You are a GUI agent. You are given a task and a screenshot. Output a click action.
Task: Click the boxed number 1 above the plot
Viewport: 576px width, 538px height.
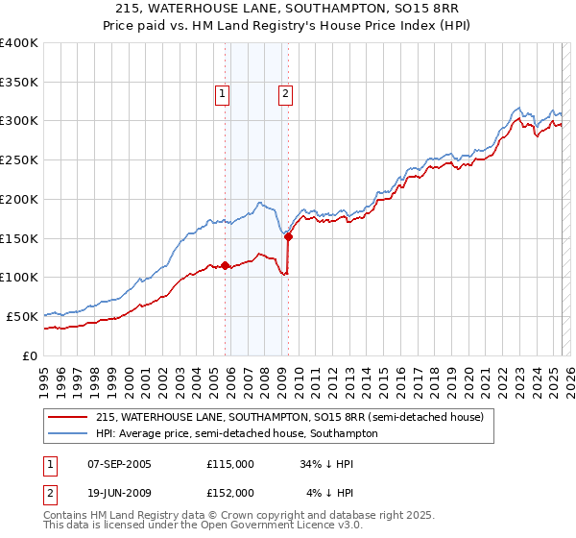(x=222, y=93)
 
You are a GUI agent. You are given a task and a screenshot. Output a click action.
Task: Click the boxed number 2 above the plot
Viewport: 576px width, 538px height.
(x=286, y=93)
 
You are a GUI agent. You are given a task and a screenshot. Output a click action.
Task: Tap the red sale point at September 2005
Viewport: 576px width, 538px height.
(x=225, y=265)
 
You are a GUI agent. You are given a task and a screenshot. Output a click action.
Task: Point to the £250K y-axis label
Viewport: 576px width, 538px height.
(x=19, y=160)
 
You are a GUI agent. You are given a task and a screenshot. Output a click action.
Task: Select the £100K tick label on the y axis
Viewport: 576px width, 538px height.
(x=19, y=278)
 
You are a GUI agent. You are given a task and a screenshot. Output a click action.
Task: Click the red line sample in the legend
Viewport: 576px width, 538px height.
(x=68, y=417)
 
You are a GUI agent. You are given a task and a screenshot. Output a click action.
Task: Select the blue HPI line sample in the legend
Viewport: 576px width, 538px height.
(x=68, y=433)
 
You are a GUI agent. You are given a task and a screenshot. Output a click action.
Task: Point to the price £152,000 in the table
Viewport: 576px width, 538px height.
(x=230, y=494)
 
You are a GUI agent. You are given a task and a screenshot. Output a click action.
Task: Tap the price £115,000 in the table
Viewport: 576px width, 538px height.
(x=230, y=463)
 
